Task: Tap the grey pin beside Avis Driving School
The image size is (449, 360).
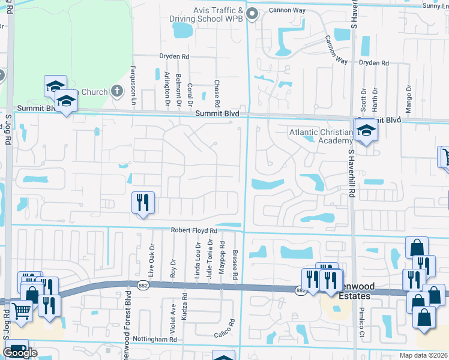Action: point(252,13)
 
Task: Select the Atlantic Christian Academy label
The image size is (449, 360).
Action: point(320,136)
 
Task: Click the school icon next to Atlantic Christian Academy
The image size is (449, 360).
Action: point(364,131)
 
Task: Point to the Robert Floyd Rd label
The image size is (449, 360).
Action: point(193,230)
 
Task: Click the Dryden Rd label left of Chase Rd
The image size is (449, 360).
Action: point(174,56)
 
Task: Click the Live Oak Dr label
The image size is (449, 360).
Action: point(152,258)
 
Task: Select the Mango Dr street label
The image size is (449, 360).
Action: point(408,95)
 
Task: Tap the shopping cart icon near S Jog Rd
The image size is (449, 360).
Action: point(22,310)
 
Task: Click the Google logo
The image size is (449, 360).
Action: point(20,353)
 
